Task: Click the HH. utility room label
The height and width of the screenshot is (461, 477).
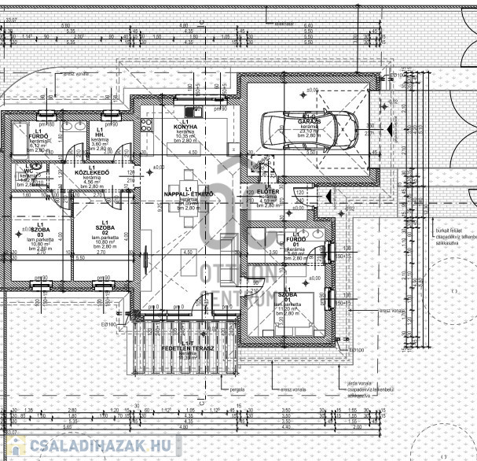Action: [99, 135]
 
